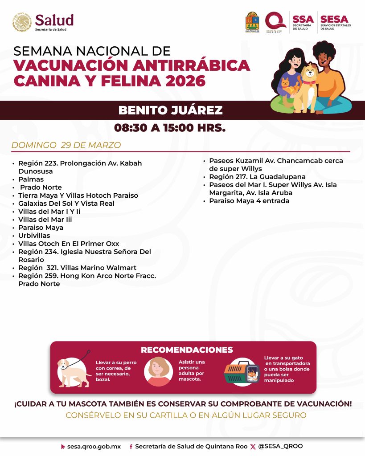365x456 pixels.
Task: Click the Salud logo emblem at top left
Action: pyautogui.click(x=22, y=22)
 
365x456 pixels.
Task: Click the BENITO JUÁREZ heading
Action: pyautogui.click(x=170, y=110)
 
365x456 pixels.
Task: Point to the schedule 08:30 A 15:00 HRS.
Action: pyautogui.click(x=170, y=128)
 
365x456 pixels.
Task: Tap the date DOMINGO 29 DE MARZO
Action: pyautogui.click(x=66, y=146)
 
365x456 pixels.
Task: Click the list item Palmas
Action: pyautogui.click(x=31, y=179)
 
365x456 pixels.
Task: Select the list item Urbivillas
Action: pyautogui.click(x=34, y=236)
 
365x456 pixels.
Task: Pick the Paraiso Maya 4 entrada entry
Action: pyautogui.click(x=249, y=201)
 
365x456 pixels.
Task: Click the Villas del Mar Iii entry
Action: pyautogui.click(x=45, y=220)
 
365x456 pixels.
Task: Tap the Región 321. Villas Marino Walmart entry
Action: pyautogui.click(x=77, y=268)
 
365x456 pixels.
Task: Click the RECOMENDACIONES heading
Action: pyautogui.click(x=187, y=350)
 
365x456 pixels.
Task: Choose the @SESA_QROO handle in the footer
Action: pyautogui.click(x=280, y=446)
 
